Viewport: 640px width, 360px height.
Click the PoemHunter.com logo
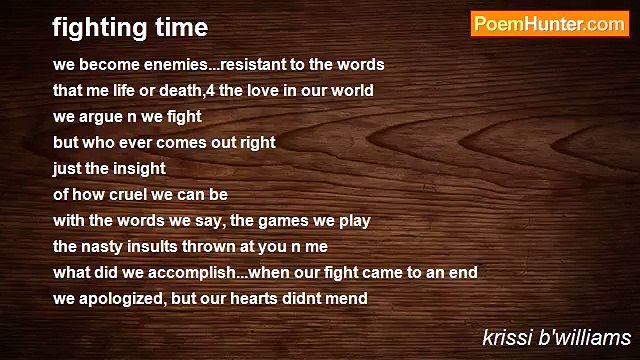(549, 25)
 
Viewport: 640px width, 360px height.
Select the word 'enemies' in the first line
(177, 65)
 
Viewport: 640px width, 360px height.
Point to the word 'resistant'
(254, 65)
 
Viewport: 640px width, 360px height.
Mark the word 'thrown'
(216, 247)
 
